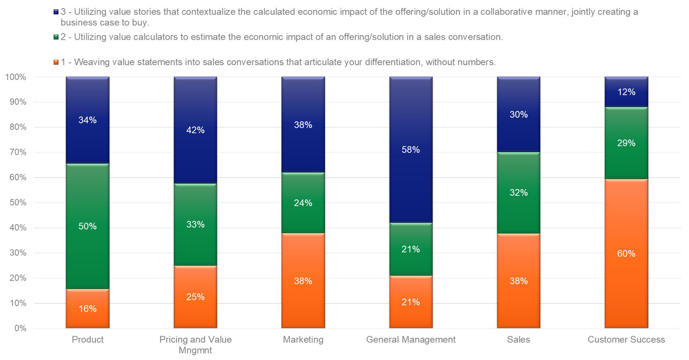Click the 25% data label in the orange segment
point(195,297)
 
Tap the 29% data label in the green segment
point(626,143)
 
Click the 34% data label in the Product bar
point(87,120)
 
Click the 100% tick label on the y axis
point(16,77)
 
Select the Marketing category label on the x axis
point(303,339)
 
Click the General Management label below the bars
point(410,339)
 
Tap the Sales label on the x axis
point(518,339)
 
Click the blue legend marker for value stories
point(56,12)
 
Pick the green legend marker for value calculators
point(56,37)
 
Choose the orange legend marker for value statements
point(56,62)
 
